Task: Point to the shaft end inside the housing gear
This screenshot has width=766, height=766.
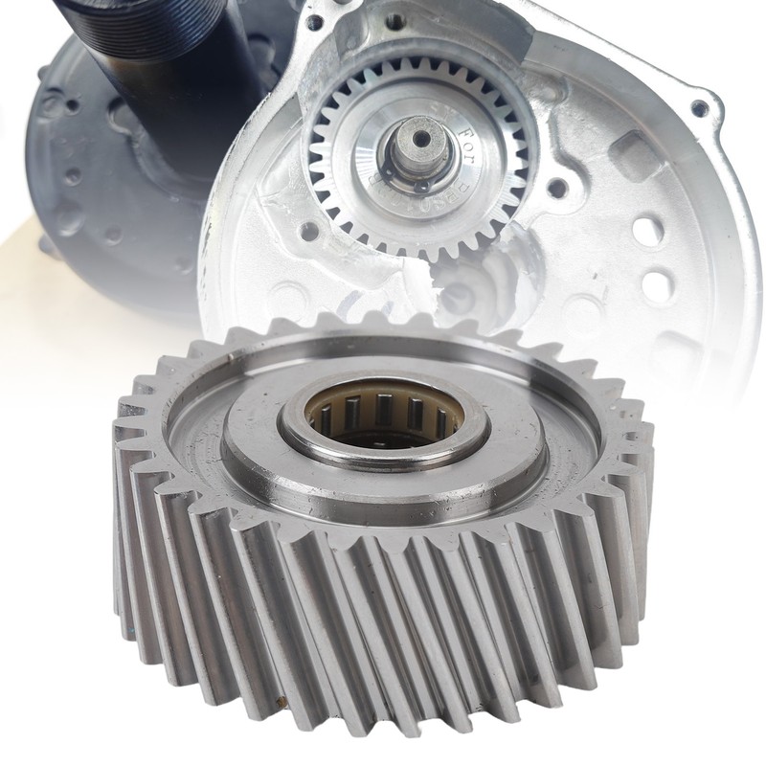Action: coord(418,144)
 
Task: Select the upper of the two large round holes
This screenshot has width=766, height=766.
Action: coord(647,230)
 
